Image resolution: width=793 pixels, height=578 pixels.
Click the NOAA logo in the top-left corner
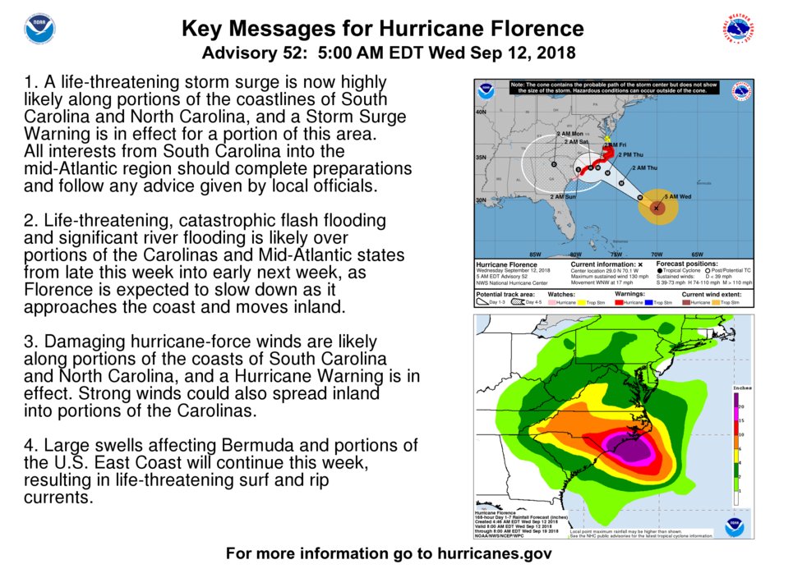click(x=39, y=29)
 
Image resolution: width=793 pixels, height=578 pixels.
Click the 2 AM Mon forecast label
click(x=569, y=134)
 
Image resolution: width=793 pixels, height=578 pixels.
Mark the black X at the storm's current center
click(x=656, y=209)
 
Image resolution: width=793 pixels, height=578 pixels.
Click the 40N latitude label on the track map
click(x=482, y=112)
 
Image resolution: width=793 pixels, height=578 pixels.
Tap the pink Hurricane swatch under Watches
click(x=565, y=303)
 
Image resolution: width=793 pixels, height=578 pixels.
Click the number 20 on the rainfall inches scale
click(x=742, y=406)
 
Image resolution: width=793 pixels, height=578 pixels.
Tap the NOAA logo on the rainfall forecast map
click(x=734, y=526)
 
